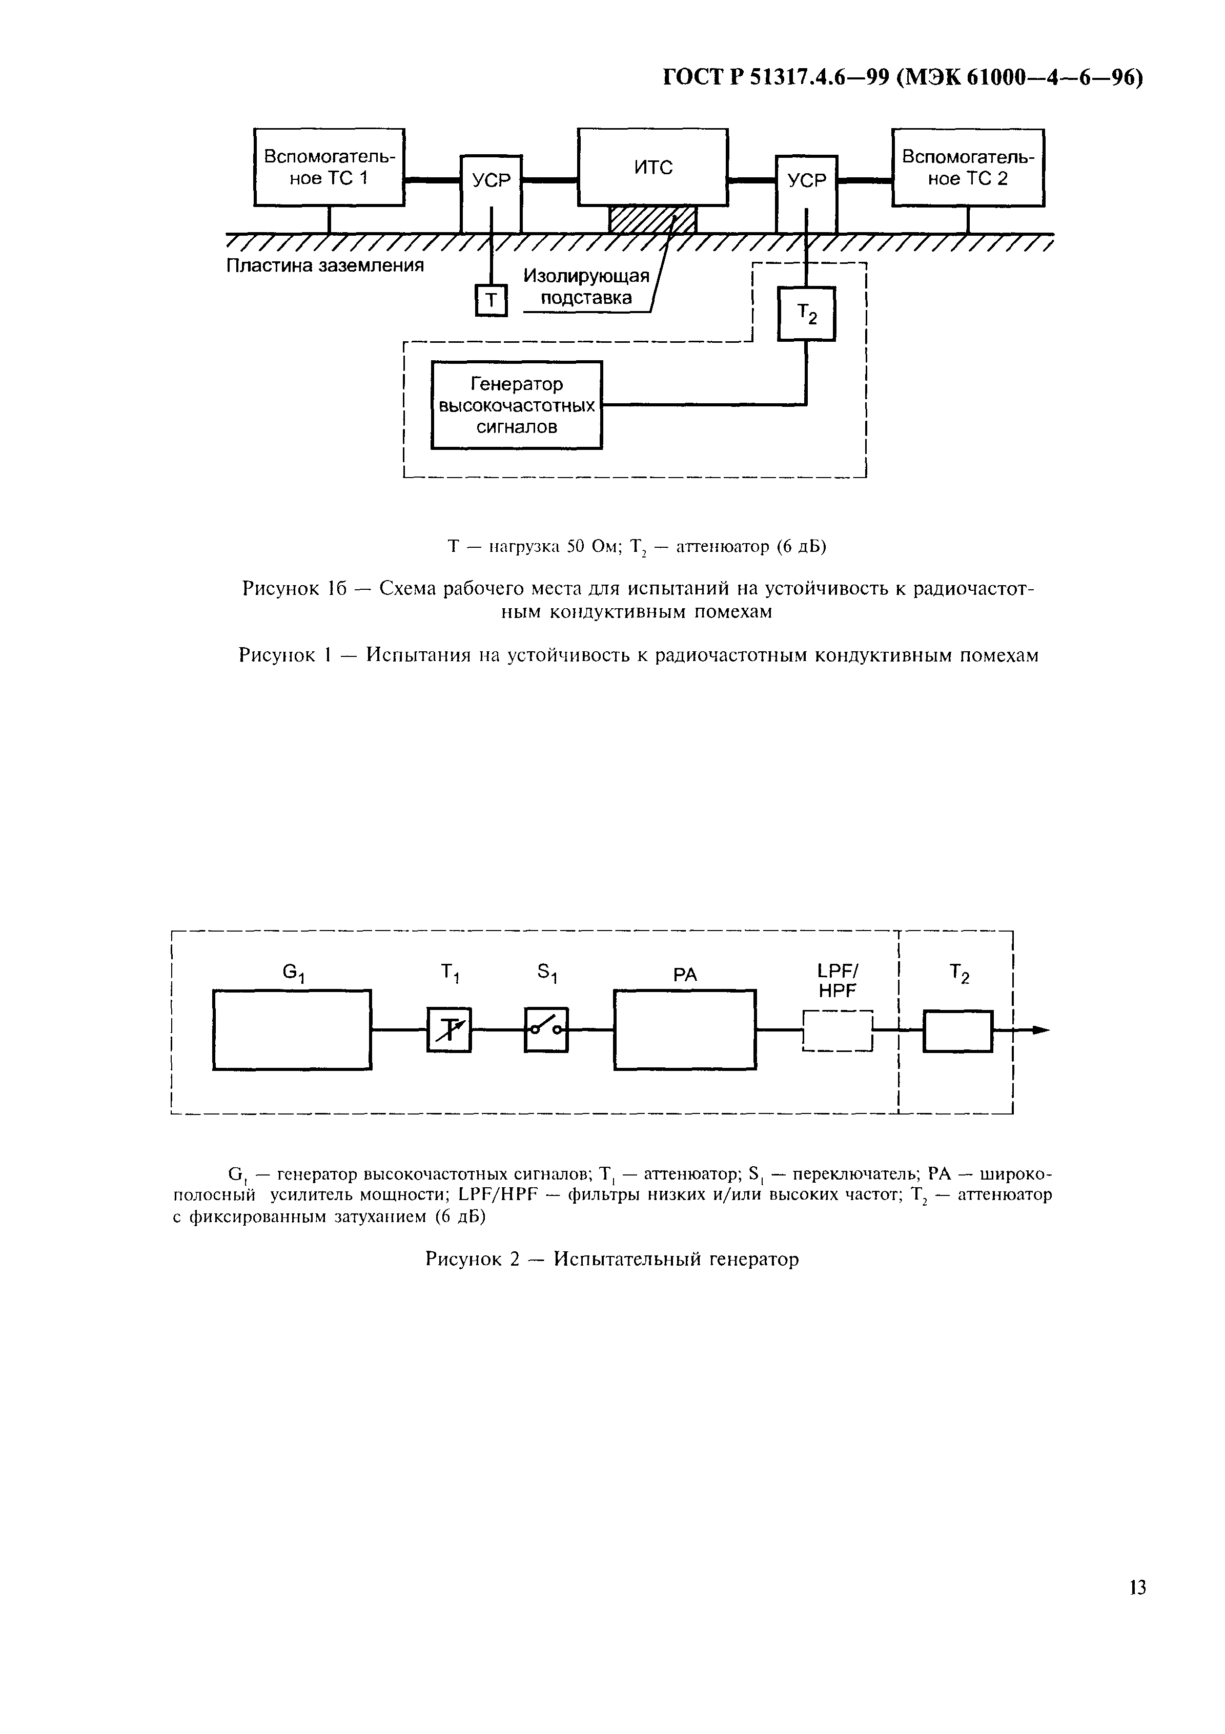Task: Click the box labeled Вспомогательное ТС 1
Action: click(x=329, y=167)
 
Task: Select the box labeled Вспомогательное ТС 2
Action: click(x=968, y=167)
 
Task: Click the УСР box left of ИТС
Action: click(x=491, y=194)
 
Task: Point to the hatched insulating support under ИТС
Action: click(x=652, y=220)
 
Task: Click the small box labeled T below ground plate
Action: click(x=491, y=301)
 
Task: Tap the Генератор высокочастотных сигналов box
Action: click(x=517, y=405)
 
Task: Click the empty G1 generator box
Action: click(x=292, y=1029)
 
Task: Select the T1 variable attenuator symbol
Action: click(x=450, y=1029)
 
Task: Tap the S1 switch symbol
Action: click(x=545, y=1029)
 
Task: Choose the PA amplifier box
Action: click(x=684, y=1029)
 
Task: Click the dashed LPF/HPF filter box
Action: click(x=838, y=1030)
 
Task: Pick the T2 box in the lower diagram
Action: click(x=957, y=1030)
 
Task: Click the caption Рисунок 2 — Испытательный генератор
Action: click(x=612, y=1260)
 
